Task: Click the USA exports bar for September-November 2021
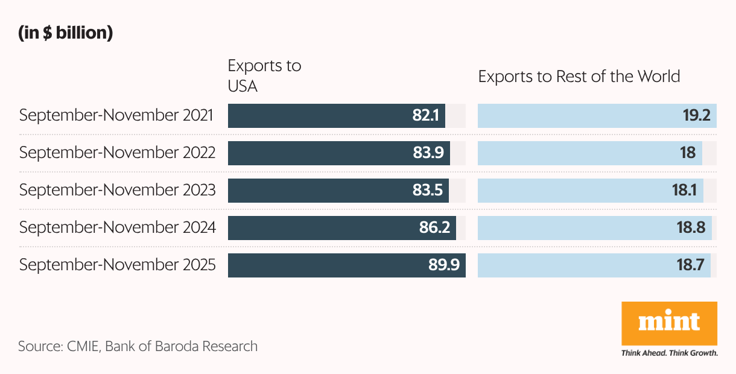[320, 116]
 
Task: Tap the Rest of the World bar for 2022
[573, 153]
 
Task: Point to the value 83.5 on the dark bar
[428, 191]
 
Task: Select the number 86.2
[434, 228]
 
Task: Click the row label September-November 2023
[117, 190]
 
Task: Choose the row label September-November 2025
[117, 265]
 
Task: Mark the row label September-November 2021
[116, 115]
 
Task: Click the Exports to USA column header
[264, 76]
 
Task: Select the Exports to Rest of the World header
[579, 77]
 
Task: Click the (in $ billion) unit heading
[66, 34]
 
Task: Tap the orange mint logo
[669, 323]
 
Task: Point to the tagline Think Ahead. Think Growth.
[669, 353]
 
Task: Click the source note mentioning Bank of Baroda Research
[138, 346]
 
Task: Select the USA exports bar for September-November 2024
[320, 228]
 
